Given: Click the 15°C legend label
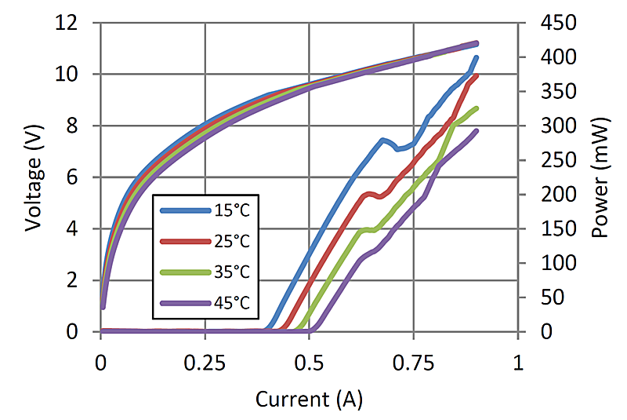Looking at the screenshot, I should tap(231, 210).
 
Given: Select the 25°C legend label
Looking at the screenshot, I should tap(231, 241).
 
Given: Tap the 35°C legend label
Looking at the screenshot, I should tap(231, 272).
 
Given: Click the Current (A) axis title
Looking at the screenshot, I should tap(310, 400).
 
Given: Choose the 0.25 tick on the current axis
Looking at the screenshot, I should tap(205, 363).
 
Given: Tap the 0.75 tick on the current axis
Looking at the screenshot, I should tap(413, 363).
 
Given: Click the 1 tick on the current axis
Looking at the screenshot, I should tap(517, 363).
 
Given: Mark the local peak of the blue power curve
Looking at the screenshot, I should tap(382, 140).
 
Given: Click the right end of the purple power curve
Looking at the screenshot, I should tap(476, 131).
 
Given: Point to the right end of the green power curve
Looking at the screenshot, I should tap(476, 108).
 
